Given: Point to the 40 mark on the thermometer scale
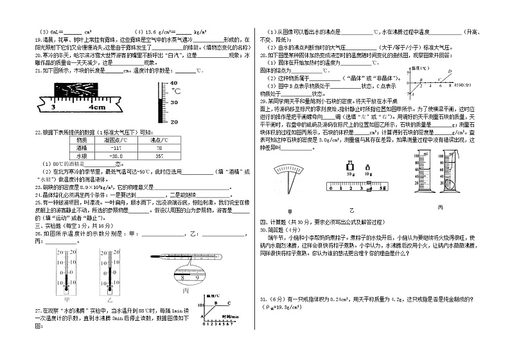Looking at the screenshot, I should tap(173, 84).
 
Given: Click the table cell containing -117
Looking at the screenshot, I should tap(118, 147).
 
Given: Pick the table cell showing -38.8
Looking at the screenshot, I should tap(118, 156).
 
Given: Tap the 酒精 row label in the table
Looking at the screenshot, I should tap(82, 147).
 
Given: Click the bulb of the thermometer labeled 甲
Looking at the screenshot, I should tap(66, 282).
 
